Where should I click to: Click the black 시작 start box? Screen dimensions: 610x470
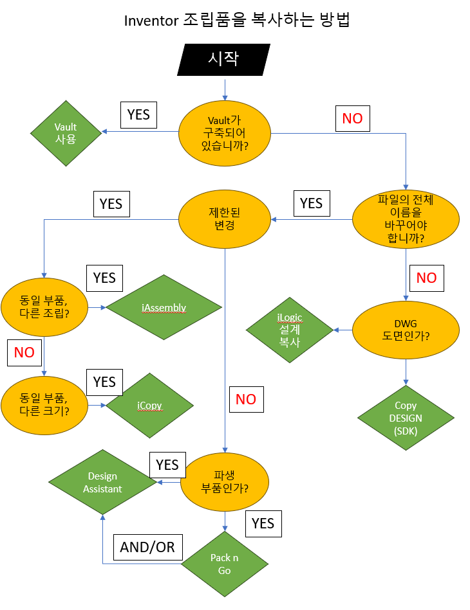click(223, 60)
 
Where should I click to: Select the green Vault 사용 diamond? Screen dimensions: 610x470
click(66, 133)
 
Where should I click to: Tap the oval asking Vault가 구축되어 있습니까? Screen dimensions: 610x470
click(225, 132)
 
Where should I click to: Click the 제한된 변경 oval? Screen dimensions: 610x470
click(225, 220)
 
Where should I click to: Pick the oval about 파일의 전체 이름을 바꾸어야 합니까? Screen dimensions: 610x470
click(406, 219)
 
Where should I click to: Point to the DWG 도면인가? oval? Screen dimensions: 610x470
click(406, 330)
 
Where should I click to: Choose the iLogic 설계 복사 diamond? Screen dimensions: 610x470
click(290, 330)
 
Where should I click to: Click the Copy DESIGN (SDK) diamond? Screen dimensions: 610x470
click(406, 418)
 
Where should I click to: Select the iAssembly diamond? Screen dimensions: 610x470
click(164, 308)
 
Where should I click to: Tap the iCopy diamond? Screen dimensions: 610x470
click(149, 406)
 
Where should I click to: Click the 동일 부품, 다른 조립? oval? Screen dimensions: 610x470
click(44, 308)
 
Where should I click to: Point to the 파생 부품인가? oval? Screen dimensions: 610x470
click(225, 481)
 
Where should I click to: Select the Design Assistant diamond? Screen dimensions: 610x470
click(103, 482)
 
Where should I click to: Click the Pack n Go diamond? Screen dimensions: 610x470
click(225, 564)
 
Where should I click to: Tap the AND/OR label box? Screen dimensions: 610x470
click(147, 547)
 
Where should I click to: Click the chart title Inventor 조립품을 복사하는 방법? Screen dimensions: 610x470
click(236, 21)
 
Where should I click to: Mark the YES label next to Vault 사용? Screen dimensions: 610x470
click(138, 114)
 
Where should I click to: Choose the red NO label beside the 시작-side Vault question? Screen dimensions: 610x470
click(352, 118)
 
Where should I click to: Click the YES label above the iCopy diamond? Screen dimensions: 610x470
click(104, 382)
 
